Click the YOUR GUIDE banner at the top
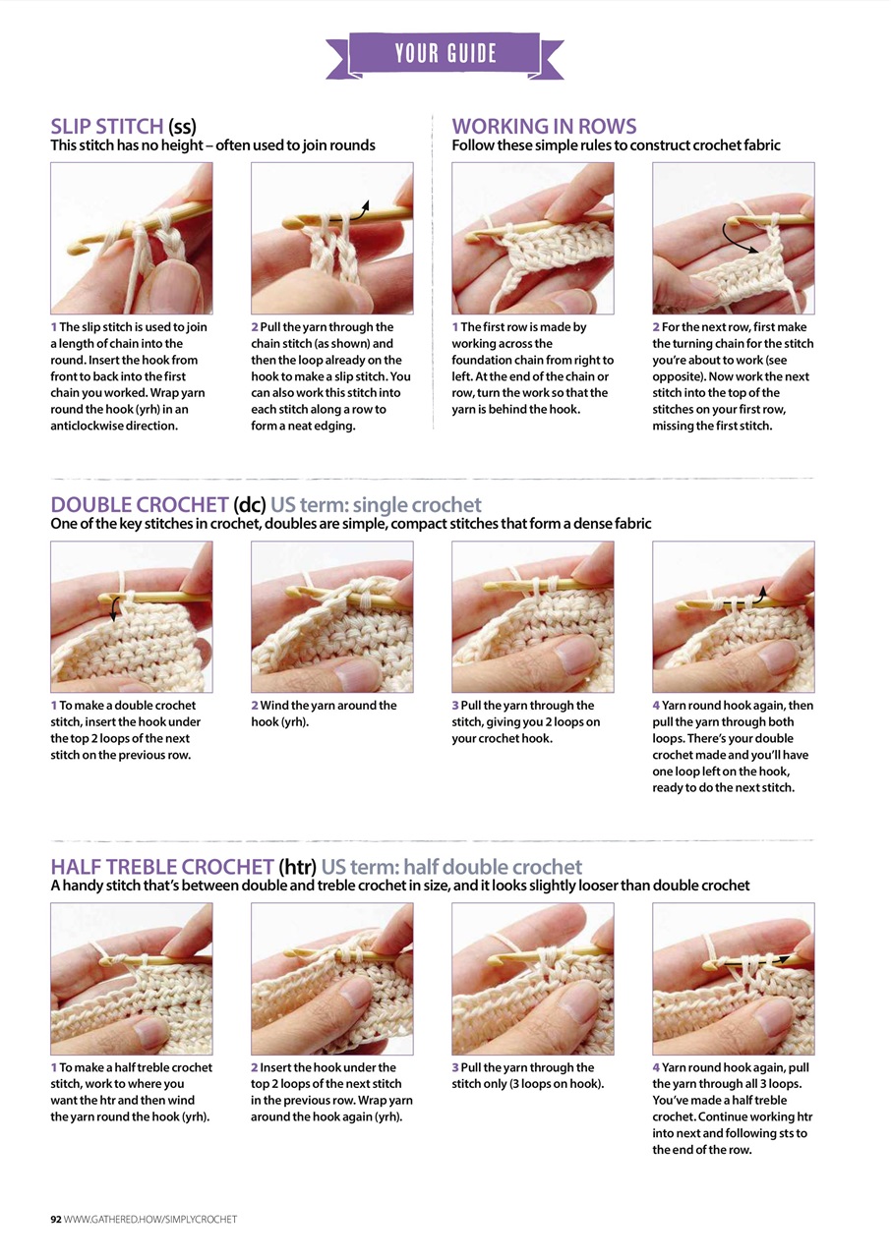tap(445, 53)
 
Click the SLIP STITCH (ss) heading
tap(123, 126)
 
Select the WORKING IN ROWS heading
tap(544, 126)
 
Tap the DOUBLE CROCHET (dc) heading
tap(153, 505)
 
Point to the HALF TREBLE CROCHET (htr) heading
tap(182, 867)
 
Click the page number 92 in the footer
tap(56, 1220)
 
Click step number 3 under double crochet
tap(455, 706)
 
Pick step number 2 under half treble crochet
tap(255, 1067)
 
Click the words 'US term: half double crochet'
tap(451, 867)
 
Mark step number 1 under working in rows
tap(455, 327)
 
